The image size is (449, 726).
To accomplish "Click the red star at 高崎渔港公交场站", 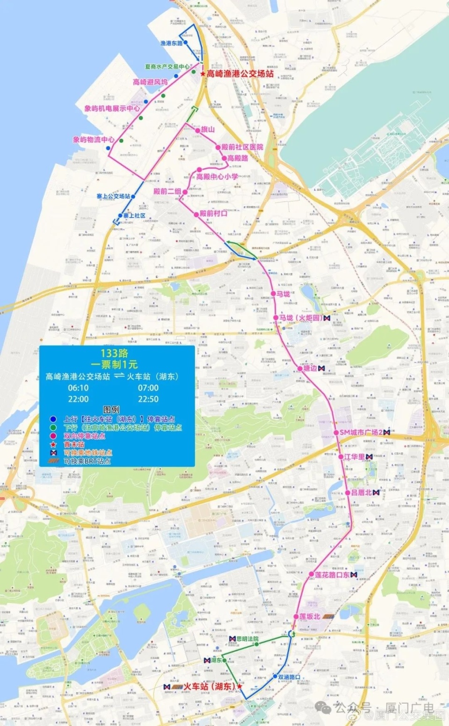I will coord(203,74).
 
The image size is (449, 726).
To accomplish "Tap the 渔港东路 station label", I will coord(171,43).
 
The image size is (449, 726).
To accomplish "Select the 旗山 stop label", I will coord(208,129).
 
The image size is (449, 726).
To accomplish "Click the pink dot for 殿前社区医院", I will coord(218,147).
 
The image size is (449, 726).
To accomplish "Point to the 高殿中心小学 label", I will coord(217,177).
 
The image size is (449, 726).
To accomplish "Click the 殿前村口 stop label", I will coord(213,214).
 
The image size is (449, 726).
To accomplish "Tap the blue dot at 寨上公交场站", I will coord(133,196).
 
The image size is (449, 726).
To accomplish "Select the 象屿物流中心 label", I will coord(94,139).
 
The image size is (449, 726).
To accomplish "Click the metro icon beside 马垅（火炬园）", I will coord(327,318).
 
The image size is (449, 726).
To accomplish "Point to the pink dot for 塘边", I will coord(300,369).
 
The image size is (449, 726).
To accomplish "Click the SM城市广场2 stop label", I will coord(361,432).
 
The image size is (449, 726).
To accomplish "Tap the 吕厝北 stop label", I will coord(361,493).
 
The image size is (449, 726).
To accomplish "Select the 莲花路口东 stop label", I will coord(332,575).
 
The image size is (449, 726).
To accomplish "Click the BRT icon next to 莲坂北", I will coord(329,617).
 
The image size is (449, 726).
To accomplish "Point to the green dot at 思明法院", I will coord(256,644).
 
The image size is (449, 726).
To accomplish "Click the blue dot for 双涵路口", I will coord(275,676).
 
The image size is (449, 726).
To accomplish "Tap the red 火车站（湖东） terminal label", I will coord(209,686).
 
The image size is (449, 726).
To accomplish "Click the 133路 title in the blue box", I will coord(114,353).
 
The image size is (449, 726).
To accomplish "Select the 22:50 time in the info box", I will coord(148,399).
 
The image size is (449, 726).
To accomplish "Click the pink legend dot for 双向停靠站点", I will coord(53,436).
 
